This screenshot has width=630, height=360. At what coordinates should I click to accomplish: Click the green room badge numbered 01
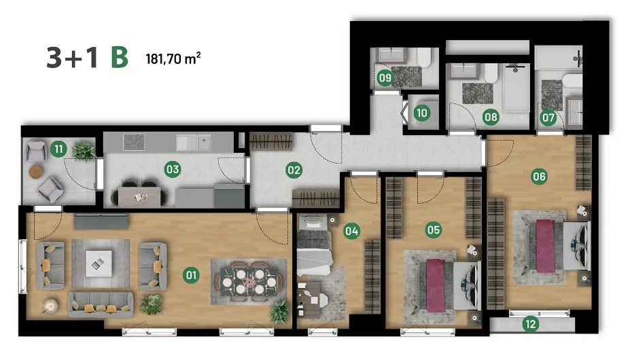191,275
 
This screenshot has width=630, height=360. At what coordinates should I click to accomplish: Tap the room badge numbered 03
173,169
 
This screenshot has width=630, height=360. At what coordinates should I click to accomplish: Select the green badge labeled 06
539,176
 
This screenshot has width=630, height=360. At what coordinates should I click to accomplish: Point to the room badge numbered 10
422,113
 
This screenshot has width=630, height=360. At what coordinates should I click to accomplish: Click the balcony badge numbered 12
531,324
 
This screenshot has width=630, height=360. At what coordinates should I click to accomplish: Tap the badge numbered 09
385,77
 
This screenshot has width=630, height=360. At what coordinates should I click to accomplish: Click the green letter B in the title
120,58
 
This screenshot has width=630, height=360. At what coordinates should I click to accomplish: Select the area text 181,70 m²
173,58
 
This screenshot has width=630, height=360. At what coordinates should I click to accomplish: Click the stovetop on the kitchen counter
134,142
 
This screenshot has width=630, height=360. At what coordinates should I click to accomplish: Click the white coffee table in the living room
99,264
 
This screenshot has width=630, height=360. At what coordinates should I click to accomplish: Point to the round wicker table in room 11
36,172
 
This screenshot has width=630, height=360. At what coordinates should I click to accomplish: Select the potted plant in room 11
84,151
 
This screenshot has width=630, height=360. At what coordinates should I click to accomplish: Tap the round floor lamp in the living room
51,306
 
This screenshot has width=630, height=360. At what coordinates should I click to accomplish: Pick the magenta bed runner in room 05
436,285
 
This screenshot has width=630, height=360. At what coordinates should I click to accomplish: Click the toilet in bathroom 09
423,58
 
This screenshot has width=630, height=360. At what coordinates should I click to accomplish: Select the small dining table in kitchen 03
139,197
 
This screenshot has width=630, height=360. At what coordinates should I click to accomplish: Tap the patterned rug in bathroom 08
477,93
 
